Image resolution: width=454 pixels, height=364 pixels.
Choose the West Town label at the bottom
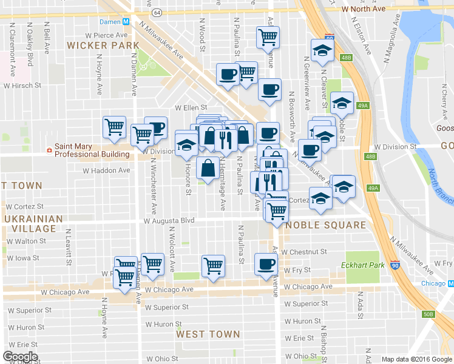[x=208, y=334]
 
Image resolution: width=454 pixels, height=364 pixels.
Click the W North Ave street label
[x=364, y=9]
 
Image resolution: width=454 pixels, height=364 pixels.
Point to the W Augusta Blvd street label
[x=169, y=221]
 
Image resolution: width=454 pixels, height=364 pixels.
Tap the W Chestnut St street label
[x=304, y=251]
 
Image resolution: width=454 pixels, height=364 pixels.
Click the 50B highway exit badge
[x=429, y=314]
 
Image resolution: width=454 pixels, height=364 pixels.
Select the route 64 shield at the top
[x=157, y=12]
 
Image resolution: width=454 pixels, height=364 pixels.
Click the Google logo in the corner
[x=20, y=357]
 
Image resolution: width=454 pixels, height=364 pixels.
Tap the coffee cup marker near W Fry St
[x=266, y=265]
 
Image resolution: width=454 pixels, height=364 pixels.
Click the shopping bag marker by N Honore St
[x=208, y=169]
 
